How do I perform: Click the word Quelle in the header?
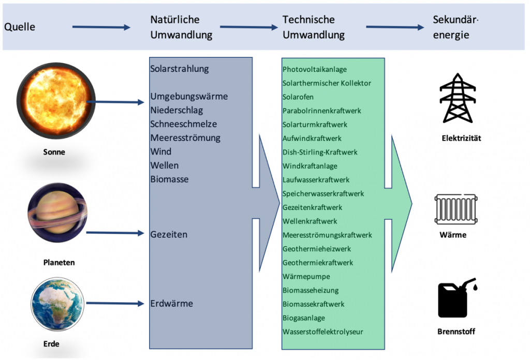20,26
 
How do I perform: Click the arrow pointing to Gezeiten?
115,233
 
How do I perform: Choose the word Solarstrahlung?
179,69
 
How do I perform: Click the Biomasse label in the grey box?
169,179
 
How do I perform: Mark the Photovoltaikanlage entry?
315,69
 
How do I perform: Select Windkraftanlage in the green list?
310,166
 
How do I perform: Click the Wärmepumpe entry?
306,277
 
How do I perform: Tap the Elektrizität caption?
462,138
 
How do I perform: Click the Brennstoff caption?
457,332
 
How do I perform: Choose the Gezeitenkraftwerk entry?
312,207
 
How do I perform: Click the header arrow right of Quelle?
101,27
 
